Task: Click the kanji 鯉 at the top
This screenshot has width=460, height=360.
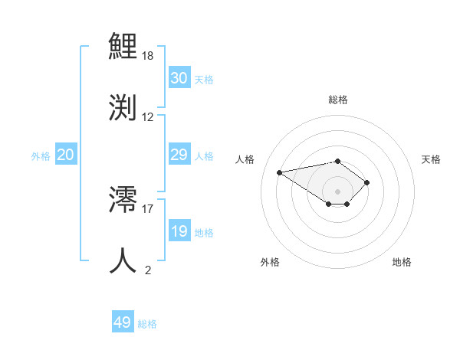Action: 123,47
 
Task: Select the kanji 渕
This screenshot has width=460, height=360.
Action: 123,106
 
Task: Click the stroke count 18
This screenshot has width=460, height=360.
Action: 148,57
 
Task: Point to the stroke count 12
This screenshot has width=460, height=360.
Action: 148,117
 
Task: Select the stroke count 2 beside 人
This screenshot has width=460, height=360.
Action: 148,270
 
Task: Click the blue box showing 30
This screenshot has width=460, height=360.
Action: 179,78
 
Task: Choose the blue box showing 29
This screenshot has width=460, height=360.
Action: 179,155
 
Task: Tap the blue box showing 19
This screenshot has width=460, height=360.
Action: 179,231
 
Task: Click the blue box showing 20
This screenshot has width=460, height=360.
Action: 66,155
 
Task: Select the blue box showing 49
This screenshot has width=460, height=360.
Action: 122,322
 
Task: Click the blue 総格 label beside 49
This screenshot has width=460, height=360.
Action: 147,324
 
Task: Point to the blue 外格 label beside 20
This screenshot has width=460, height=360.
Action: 41,156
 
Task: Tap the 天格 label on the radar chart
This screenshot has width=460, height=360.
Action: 431,159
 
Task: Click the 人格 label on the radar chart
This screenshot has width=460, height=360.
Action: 245,159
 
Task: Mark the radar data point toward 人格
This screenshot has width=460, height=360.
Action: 280,172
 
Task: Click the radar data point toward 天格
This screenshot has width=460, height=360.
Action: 367,182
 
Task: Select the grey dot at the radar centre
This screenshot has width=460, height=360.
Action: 337,191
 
